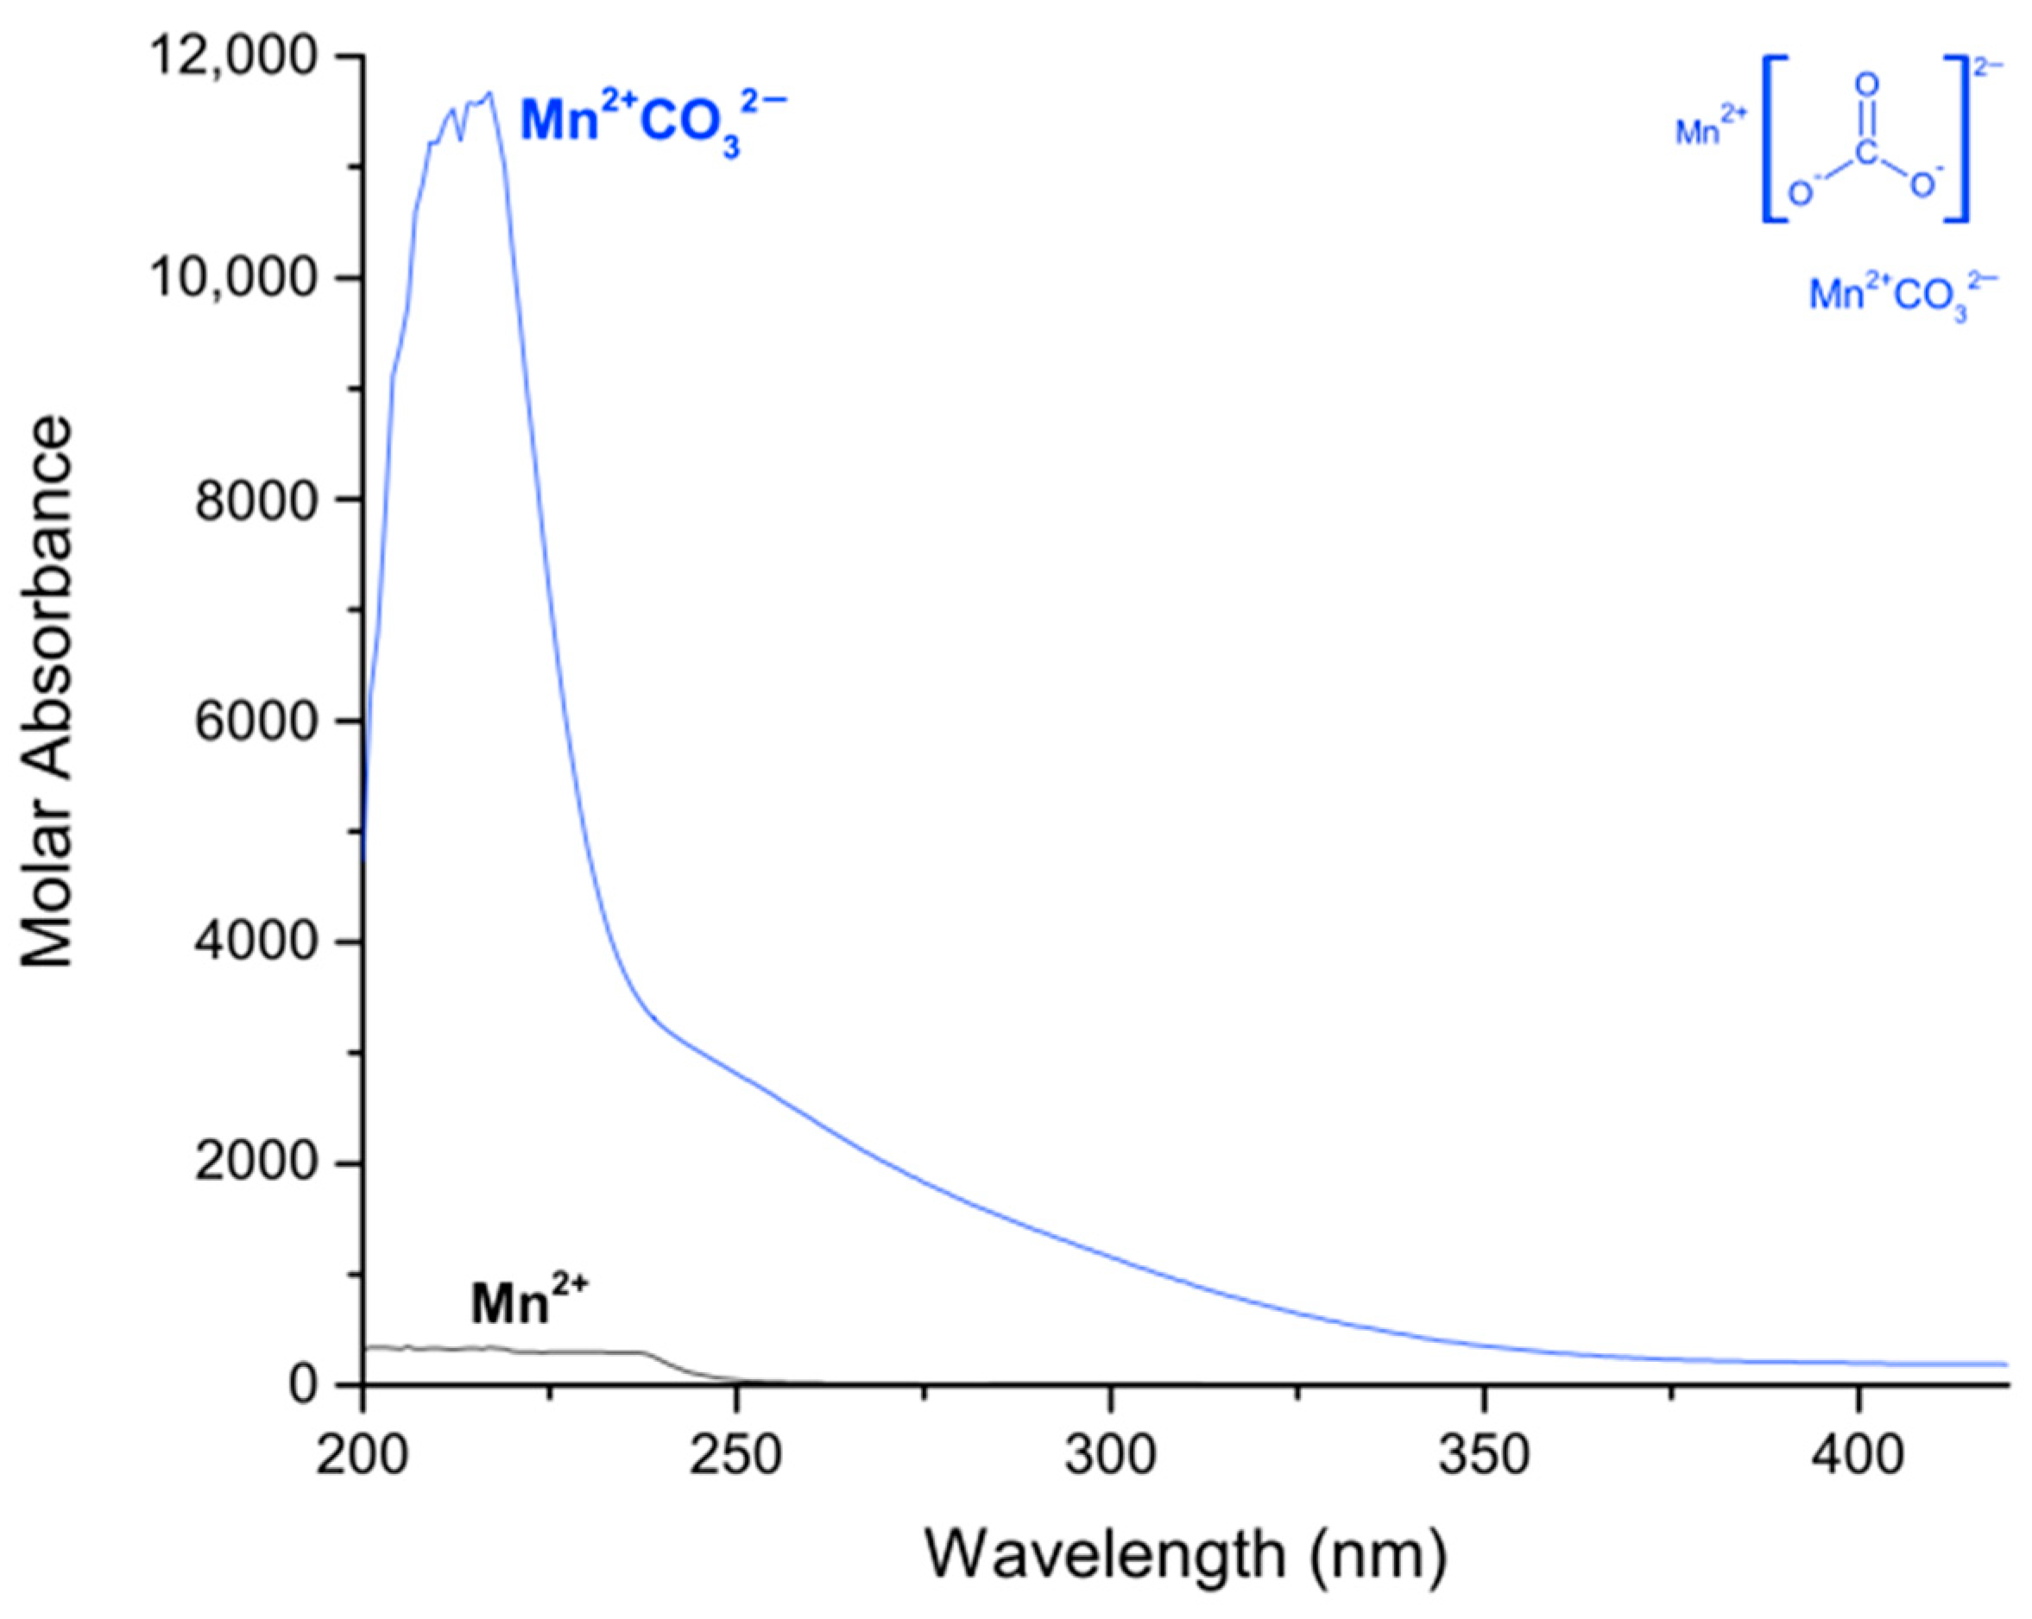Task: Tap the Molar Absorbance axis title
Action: (47, 693)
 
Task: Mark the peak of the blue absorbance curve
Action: (490, 94)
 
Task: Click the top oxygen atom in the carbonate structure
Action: (1866, 85)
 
